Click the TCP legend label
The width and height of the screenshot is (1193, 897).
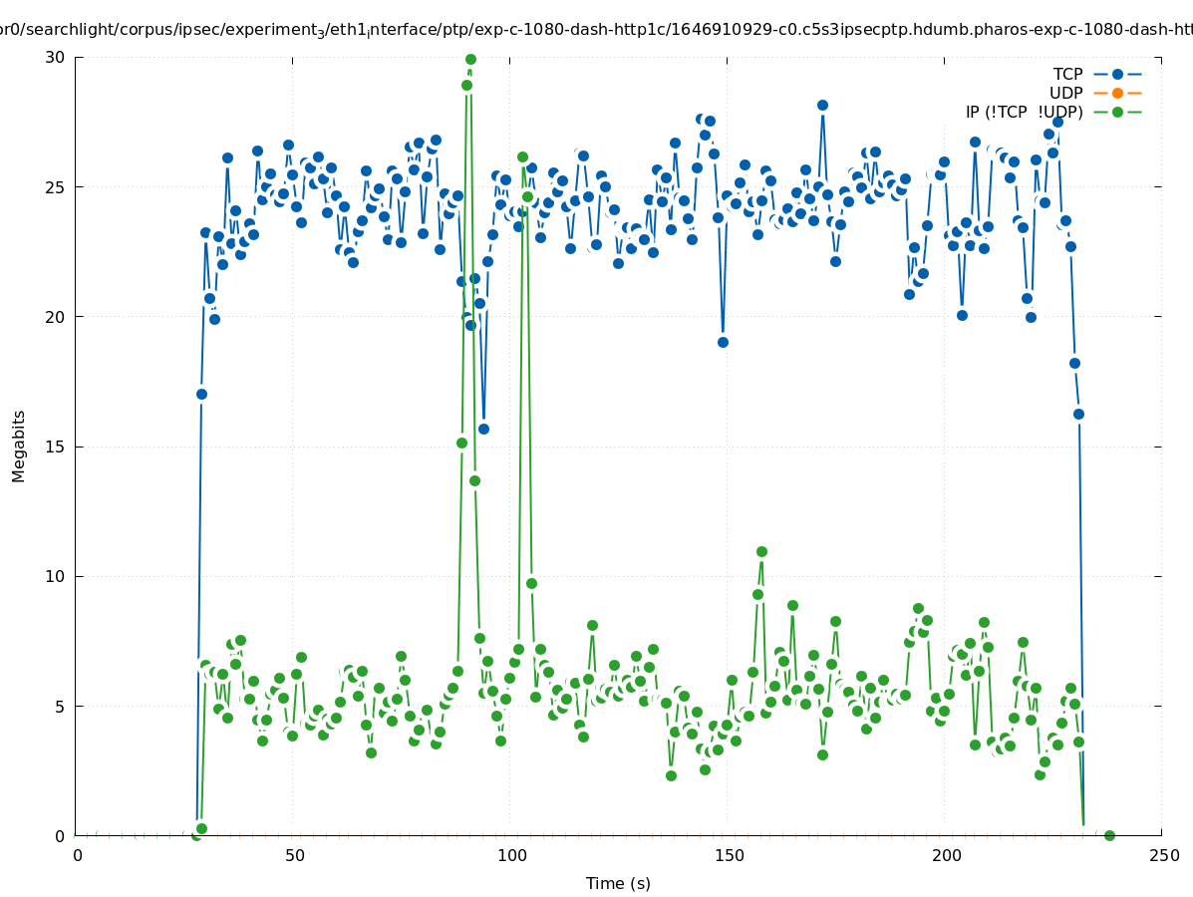(x=1067, y=74)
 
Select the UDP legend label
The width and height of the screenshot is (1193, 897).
(x=1065, y=93)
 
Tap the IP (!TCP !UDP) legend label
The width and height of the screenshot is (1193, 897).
(x=1024, y=112)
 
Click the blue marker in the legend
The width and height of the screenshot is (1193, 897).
(x=1117, y=74)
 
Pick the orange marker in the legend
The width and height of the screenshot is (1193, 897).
(x=1117, y=93)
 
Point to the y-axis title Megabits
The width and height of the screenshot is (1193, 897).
(x=19, y=446)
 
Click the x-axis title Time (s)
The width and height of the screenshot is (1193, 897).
(x=618, y=883)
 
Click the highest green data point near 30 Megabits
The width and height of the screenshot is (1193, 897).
(x=470, y=60)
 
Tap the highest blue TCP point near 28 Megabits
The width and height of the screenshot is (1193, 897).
(x=822, y=105)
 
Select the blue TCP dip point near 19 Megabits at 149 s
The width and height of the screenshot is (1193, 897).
(x=723, y=342)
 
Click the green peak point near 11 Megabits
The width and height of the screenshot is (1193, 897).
(x=761, y=551)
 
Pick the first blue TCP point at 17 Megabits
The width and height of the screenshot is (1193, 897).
(x=201, y=394)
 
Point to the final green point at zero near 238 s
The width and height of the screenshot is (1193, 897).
(x=1109, y=835)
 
